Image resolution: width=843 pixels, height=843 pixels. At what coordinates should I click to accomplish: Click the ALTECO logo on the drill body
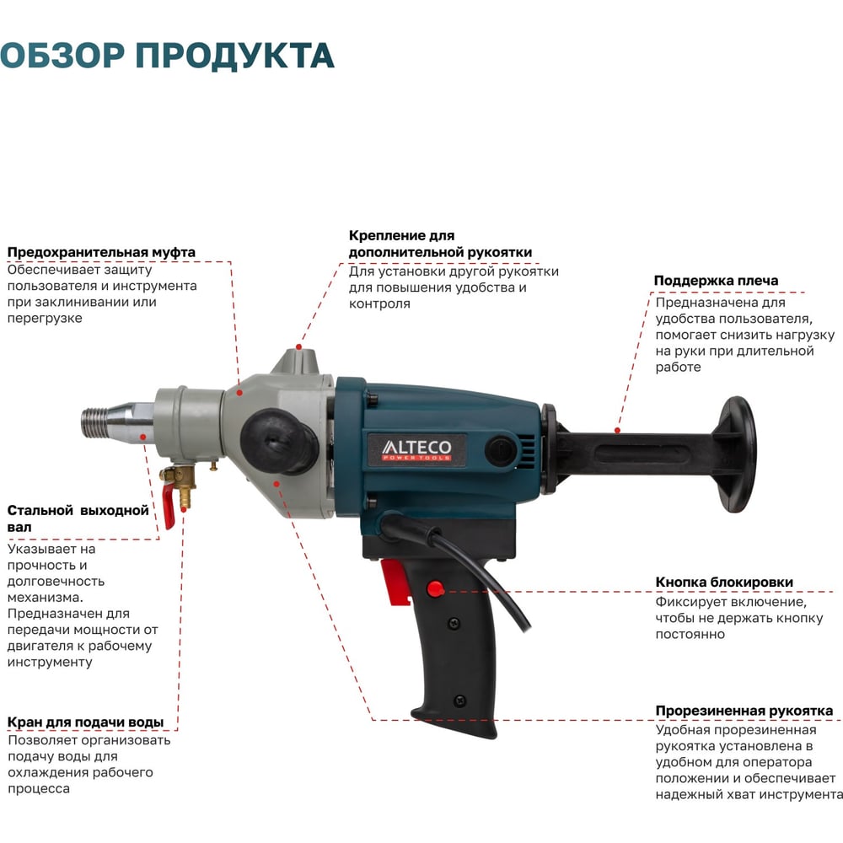[x=416, y=449]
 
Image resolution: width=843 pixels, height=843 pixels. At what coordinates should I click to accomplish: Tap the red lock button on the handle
[x=435, y=588]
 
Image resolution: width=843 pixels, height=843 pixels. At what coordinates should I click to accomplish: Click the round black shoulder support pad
[x=737, y=454]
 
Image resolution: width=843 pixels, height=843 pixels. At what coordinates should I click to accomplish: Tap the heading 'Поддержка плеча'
[x=716, y=281]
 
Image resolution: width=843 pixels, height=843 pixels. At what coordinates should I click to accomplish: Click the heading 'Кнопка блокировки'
[x=724, y=583]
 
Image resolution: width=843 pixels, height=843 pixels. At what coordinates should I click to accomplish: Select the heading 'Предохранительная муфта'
[x=101, y=252]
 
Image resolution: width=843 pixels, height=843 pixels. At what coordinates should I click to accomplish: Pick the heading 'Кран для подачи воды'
[x=85, y=722]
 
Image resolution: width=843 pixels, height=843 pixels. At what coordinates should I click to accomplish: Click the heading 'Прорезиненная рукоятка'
[x=744, y=711]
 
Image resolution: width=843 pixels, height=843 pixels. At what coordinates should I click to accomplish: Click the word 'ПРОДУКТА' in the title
[x=235, y=56]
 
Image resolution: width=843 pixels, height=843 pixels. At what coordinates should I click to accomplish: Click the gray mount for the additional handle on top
[x=298, y=362]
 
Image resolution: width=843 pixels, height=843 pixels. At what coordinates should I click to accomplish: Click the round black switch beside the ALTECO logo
[x=499, y=449]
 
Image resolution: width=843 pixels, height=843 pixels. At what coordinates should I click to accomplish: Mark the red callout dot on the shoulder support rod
[x=618, y=431]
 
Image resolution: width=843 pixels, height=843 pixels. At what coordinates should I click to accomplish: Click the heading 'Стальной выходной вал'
[x=78, y=518]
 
